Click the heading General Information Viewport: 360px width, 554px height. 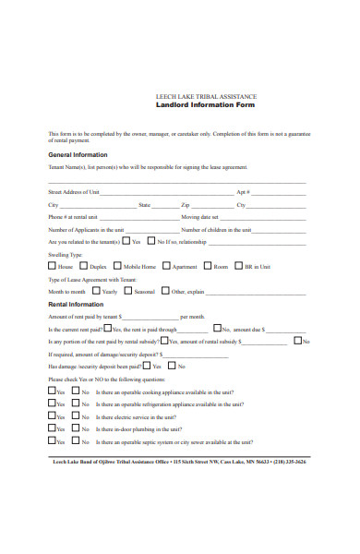click(x=78, y=154)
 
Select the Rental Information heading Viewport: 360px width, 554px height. click(x=75, y=304)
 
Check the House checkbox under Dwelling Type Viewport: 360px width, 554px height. click(x=51, y=266)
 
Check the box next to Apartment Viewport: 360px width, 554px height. click(x=166, y=266)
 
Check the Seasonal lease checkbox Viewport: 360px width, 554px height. click(x=127, y=291)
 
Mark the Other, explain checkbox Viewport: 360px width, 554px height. click(x=164, y=291)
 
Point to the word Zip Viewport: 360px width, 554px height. click(x=186, y=204)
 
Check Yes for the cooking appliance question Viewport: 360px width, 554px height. click(x=51, y=391)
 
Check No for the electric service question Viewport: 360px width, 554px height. click(x=76, y=415)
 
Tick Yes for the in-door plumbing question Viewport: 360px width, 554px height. click(x=51, y=428)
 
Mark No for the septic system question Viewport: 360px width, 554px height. click(x=76, y=441)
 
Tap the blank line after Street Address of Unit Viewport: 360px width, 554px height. click(x=166, y=192)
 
